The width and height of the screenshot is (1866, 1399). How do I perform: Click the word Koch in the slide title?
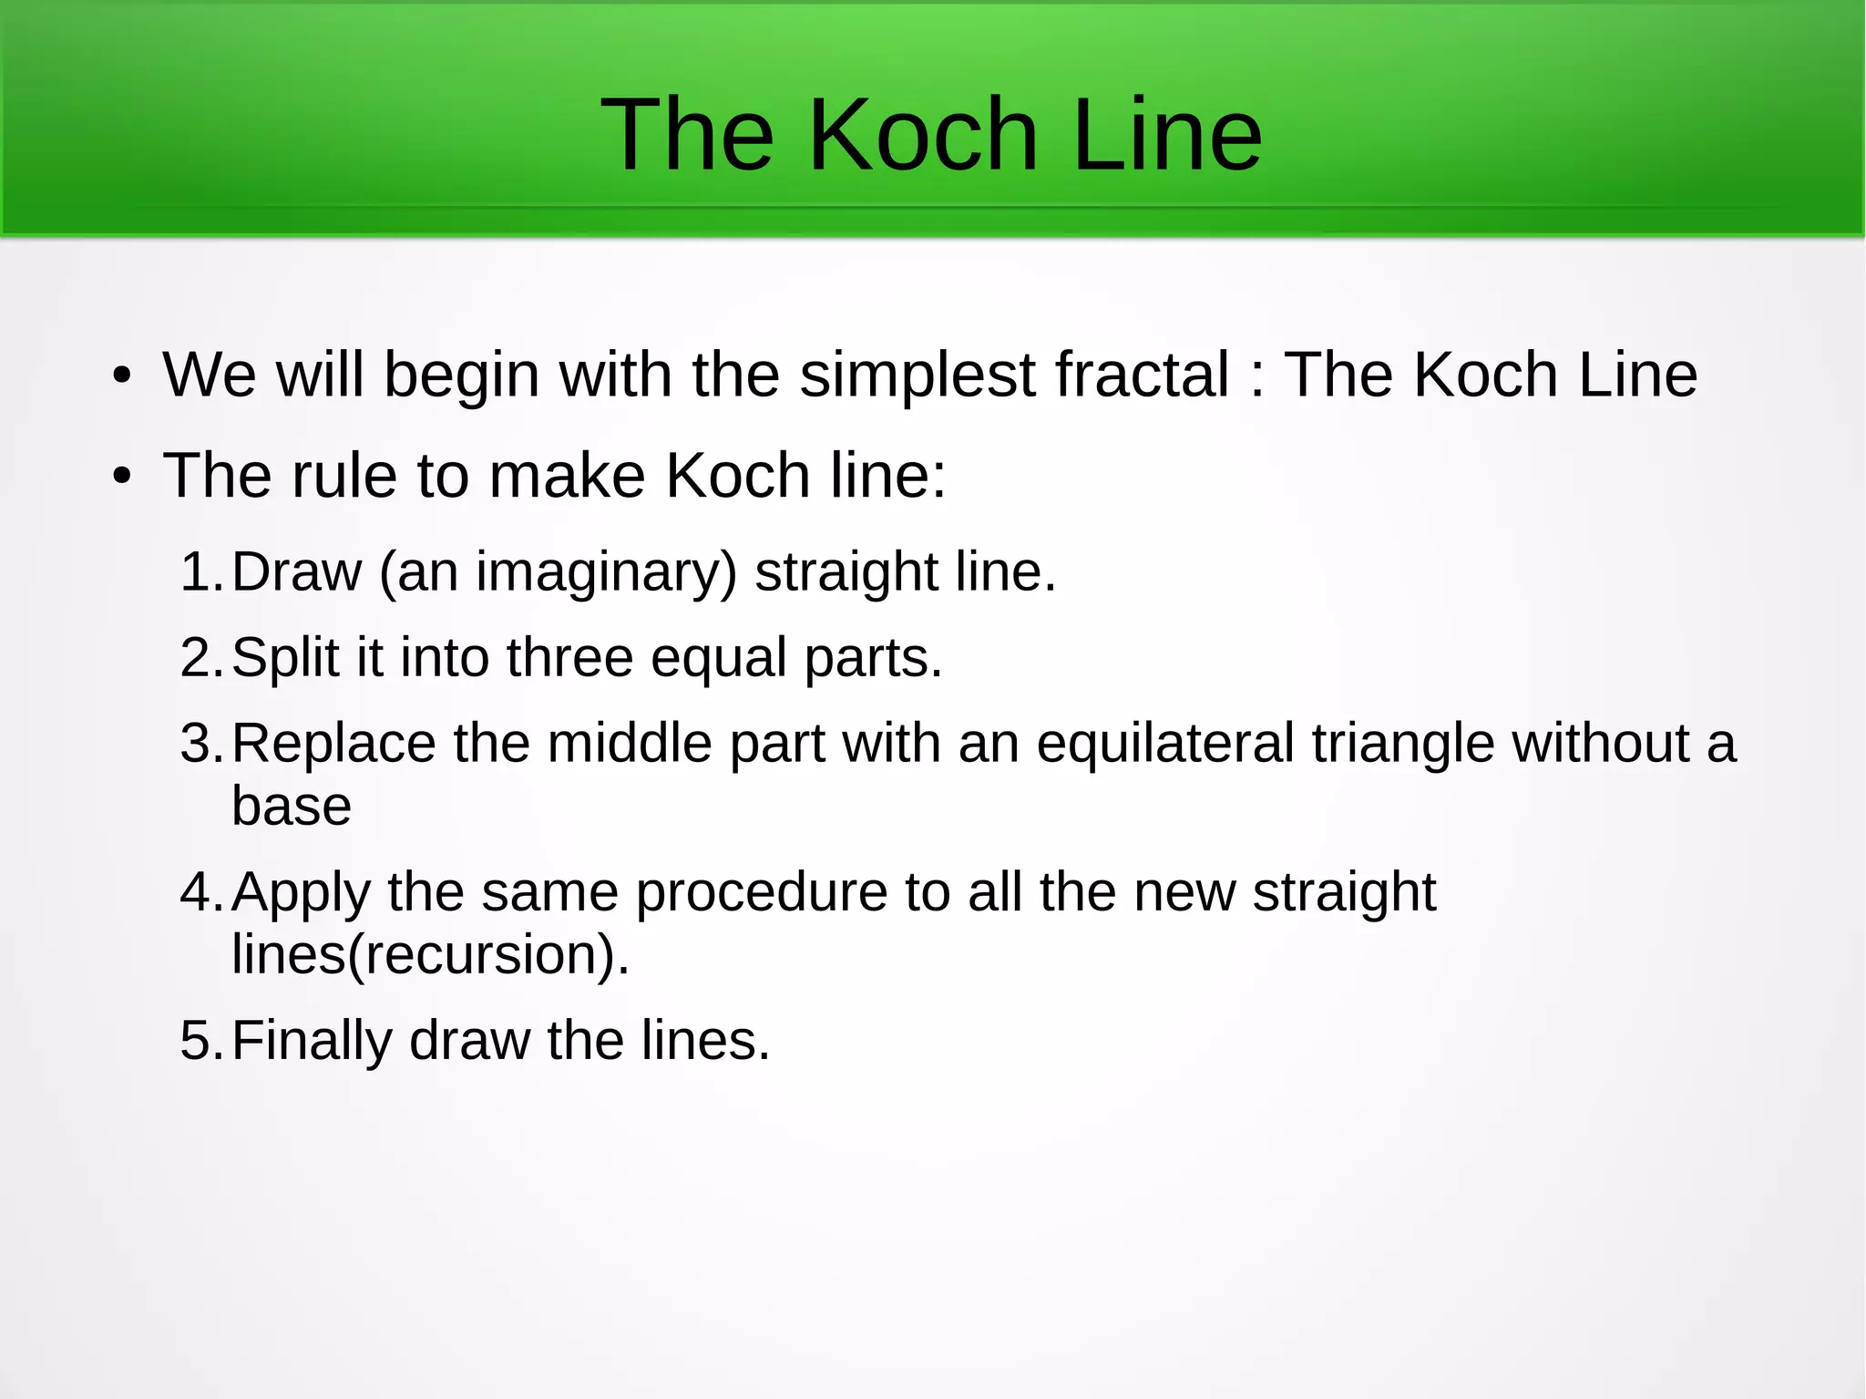coord(922,135)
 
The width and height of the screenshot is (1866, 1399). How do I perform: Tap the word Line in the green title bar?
coord(1167,135)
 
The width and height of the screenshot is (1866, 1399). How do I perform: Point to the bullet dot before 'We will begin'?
coord(122,376)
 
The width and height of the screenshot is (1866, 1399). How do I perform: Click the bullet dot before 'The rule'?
coord(122,477)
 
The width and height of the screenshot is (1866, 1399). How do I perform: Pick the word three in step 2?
coord(569,657)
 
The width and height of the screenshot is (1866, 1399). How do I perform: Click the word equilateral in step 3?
coord(1164,743)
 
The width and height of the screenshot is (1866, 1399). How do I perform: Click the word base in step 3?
coord(292,806)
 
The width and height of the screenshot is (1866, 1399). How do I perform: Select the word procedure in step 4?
coord(761,891)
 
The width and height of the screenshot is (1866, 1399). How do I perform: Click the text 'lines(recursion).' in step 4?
coord(430,954)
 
